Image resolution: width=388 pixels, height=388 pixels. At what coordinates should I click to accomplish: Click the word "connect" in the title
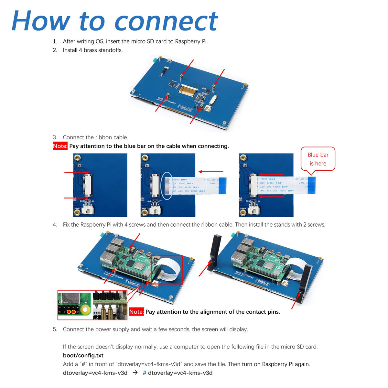pos(166,22)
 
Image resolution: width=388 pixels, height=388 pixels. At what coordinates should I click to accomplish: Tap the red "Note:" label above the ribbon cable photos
pos(60,146)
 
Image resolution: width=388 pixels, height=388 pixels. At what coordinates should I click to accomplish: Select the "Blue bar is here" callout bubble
pos(318,159)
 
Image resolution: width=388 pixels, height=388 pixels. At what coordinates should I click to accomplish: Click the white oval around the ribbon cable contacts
pos(167,186)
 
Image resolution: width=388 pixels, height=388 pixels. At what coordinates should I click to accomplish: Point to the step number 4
pos(55,225)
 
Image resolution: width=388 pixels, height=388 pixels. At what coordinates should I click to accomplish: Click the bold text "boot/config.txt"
pos(83,355)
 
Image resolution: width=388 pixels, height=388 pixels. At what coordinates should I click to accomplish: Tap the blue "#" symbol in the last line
pos(145,373)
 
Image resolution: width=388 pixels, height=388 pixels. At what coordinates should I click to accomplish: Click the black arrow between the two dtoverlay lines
pos(135,372)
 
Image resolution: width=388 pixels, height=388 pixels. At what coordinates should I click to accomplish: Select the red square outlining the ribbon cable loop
pos(167,270)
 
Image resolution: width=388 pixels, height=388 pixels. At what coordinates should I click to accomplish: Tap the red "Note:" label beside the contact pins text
pos(136,312)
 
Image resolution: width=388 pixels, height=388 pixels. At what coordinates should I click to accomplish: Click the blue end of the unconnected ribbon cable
pos(222,186)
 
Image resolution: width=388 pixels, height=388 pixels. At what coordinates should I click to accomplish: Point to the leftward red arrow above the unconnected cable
pos(211,172)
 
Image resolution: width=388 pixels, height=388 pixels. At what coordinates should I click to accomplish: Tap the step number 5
pos(55,329)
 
